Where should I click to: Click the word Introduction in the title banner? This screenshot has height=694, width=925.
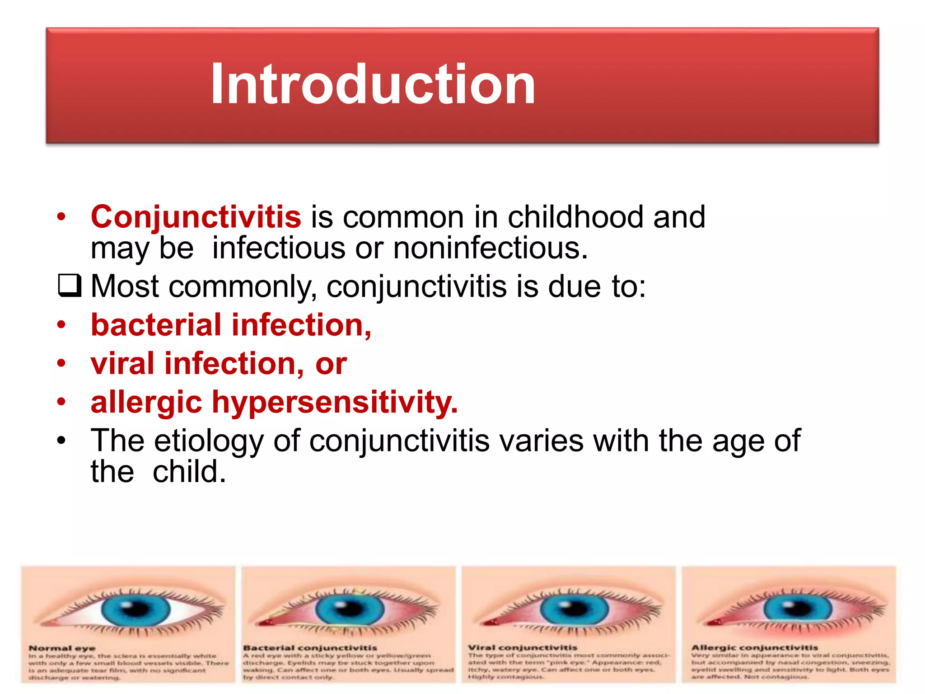(373, 84)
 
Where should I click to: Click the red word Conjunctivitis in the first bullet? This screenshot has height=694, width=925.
(196, 217)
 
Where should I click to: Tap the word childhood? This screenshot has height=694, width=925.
(575, 217)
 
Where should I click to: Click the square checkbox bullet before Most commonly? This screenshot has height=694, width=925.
(70, 286)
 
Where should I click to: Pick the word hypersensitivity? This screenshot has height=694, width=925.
(335, 402)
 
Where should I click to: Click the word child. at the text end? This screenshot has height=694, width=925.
(189, 472)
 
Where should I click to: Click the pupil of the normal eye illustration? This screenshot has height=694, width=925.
(135, 610)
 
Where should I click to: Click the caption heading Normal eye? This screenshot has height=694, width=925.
(62, 648)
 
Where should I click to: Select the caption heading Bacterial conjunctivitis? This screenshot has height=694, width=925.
(310, 647)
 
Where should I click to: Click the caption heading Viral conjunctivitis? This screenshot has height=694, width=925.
(523, 647)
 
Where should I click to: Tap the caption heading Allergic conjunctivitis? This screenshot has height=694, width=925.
(755, 647)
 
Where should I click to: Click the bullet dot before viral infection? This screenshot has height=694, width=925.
(61, 363)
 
